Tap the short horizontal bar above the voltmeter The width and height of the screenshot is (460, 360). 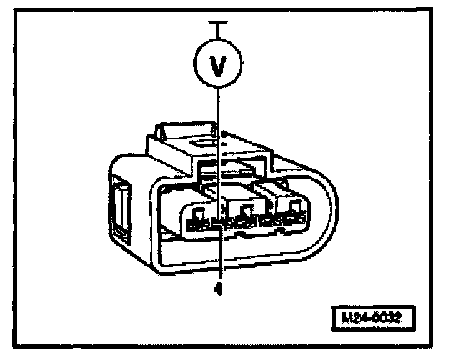[x=216, y=23]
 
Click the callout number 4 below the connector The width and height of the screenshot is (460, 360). [x=218, y=290]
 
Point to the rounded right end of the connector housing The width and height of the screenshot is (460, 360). [x=322, y=206]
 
